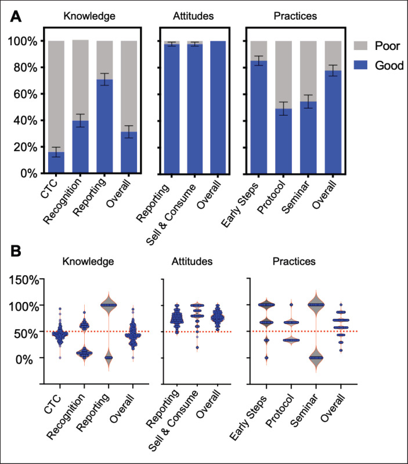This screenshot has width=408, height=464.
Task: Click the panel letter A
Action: [x=17, y=17]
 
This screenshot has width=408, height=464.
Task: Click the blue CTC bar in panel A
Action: [x=56, y=163]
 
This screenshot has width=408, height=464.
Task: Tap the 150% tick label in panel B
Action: [x=23, y=279]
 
